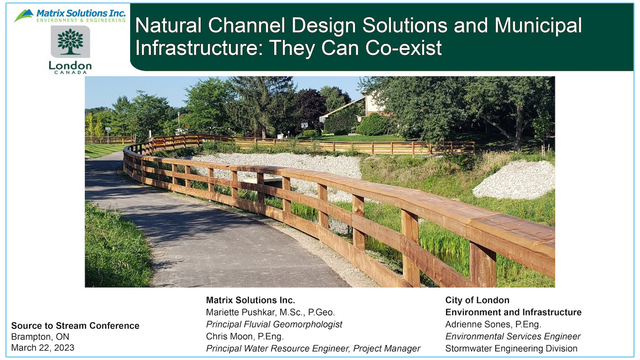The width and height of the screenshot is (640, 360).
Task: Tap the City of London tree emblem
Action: (x=70, y=42)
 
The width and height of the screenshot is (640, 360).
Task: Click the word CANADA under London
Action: (x=70, y=73)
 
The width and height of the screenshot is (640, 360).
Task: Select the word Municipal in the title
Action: (x=538, y=26)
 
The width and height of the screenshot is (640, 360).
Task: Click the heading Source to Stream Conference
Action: (x=75, y=326)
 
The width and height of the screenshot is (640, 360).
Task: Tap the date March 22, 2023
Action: (x=43, y=348)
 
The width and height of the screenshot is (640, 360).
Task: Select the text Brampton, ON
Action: (x=40, y=337)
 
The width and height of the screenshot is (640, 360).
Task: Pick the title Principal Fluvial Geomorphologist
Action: (x=274, y=325)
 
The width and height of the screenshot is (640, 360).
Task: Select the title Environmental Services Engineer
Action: (x=513, y=337)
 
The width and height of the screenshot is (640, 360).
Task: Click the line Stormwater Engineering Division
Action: (x=511, y=349)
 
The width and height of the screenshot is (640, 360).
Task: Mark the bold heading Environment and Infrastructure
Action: (x=513, y=313)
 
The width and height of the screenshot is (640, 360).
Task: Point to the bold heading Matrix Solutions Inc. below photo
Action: (x=250, y=300)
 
